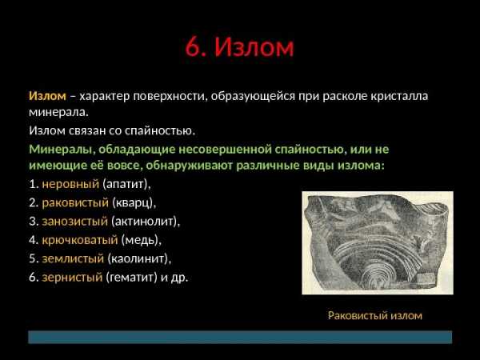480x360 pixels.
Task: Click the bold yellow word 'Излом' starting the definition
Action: click(47, 96)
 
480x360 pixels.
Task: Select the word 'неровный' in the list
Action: click(70, 184)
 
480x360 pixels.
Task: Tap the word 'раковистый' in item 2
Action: click(75, 202)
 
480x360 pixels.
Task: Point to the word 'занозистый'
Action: click(74, 222)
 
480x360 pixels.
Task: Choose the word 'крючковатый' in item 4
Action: click(79, 240)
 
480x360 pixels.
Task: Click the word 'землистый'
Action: click(73, 258)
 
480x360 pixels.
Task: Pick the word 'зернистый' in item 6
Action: click(72, 278)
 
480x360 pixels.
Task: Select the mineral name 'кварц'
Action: click(134, 203)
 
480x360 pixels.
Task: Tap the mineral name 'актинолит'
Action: click(144, 222)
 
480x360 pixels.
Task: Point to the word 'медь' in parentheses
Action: click(141, 240)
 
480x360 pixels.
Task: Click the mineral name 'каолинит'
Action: click(138, 258)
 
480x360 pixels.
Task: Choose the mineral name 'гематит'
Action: click(131, 278)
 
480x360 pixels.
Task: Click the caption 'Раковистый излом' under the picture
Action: click(375, 315)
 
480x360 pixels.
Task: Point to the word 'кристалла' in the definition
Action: click(399, 96)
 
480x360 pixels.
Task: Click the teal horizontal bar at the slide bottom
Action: click(240, 337)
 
